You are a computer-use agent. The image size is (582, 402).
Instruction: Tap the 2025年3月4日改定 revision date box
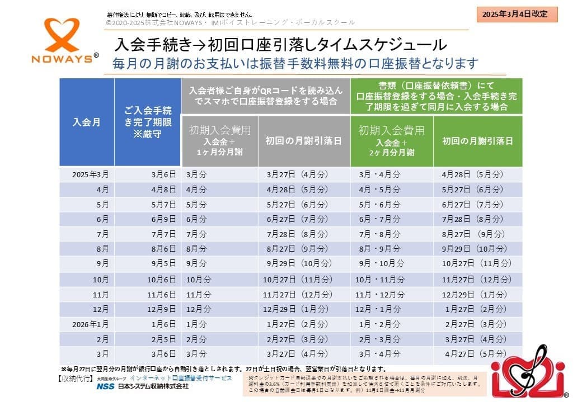tap(517, 14)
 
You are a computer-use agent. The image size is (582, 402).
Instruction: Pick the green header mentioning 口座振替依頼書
tap(436, 96)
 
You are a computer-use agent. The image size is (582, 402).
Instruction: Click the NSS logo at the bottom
tap(104, 387)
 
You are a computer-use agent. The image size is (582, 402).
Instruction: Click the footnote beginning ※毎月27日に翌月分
tap(223, 369)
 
